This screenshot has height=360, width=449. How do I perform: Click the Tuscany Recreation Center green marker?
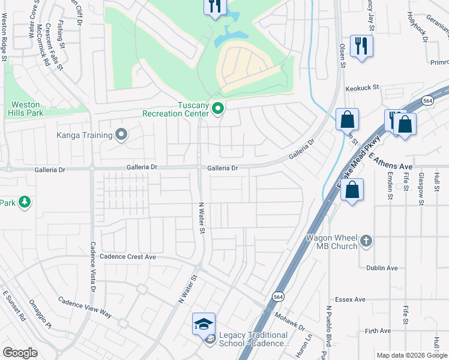(218, 109)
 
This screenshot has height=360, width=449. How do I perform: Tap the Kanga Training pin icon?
(122, 134)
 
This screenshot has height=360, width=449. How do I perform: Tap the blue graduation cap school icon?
(203, 325)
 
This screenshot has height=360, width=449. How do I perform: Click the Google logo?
(20, 353)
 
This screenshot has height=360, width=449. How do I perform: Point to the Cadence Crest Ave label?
(128, 257)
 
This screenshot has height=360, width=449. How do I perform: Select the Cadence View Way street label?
(85, 306)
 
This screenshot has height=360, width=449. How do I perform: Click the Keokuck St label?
(363, 87)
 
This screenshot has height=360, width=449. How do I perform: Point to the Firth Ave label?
(377, 331)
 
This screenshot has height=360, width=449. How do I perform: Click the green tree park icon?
(25, 203)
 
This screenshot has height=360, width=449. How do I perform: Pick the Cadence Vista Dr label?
(93, 266)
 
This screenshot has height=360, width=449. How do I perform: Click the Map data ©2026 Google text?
(411, 355)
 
